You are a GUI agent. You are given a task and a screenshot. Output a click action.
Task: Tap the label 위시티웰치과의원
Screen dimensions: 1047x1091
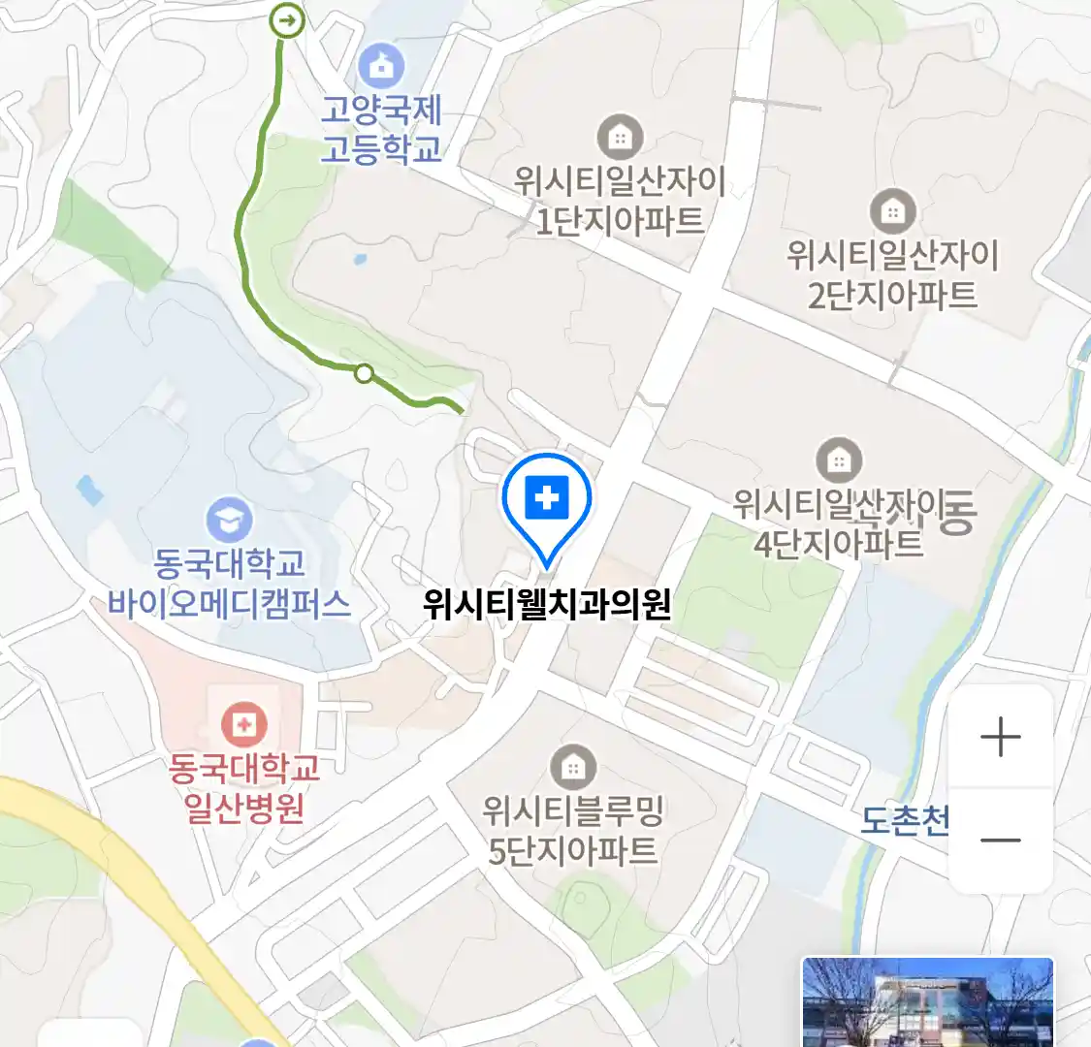click(547, 605)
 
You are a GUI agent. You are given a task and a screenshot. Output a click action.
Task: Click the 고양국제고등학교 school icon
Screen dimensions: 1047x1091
click(380, 65)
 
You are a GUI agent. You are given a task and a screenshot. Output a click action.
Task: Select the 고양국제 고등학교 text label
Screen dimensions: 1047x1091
click(381, 129)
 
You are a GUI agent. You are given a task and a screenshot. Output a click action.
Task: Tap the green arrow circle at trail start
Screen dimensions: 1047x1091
click(286, 19)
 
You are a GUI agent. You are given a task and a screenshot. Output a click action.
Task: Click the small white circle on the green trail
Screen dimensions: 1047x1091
click(364, 372)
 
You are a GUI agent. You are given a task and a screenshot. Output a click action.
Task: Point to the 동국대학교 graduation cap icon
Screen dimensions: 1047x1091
click(229, 521)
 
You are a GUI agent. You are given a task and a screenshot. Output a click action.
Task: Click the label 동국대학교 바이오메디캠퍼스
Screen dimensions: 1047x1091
click(229, 584)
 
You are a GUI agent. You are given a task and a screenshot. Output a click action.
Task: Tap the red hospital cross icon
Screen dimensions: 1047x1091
click(243, 723)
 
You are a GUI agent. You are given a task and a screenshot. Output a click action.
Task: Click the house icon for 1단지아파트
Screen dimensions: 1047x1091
click(619, 137)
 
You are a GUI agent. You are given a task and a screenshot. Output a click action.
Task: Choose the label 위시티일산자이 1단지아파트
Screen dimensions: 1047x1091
click(620, 201)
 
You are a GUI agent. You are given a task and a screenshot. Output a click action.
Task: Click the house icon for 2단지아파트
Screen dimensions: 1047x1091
click(892, 210)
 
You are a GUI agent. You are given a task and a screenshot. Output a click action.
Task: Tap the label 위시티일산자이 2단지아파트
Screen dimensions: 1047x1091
click(892, 274)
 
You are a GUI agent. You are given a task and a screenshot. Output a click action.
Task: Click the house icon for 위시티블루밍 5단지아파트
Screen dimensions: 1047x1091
click(573, 767)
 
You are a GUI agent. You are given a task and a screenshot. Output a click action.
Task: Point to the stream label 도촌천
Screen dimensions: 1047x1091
click(905, 821)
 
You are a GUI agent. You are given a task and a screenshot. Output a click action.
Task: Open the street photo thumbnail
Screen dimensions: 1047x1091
click(927, 1001)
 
